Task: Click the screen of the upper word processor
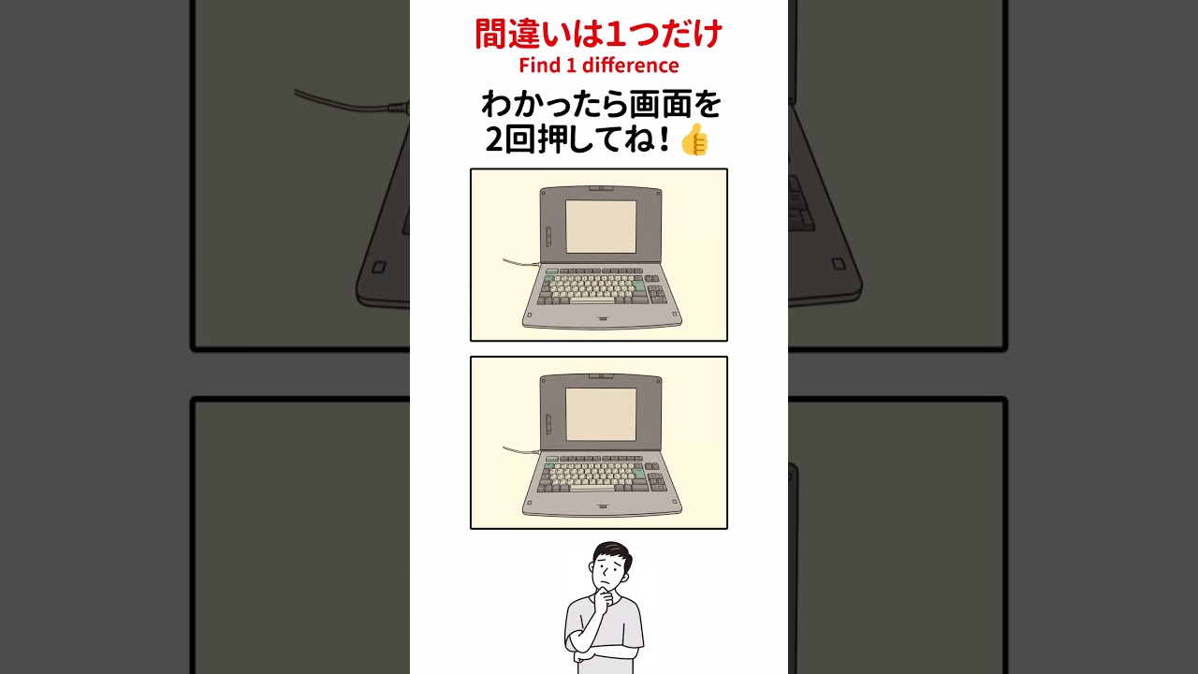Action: tap(601, 227)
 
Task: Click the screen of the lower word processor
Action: tap(601, 415)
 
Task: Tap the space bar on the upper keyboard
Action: tap(592, 300)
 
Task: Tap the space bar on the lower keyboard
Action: tap(592, 488)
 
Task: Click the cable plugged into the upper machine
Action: tap(521, 263)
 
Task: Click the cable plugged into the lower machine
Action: tap(521, 450)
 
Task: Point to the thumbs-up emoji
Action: tap(694, 139)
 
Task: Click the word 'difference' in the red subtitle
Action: tap(631, 66)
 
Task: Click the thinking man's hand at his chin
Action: tap(604, 598)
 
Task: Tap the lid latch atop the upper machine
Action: tap(601, 188)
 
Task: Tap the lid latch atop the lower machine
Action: tap(601, 376)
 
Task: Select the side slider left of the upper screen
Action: tap(548, 237)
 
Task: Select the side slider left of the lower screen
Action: tap(548, 424)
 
